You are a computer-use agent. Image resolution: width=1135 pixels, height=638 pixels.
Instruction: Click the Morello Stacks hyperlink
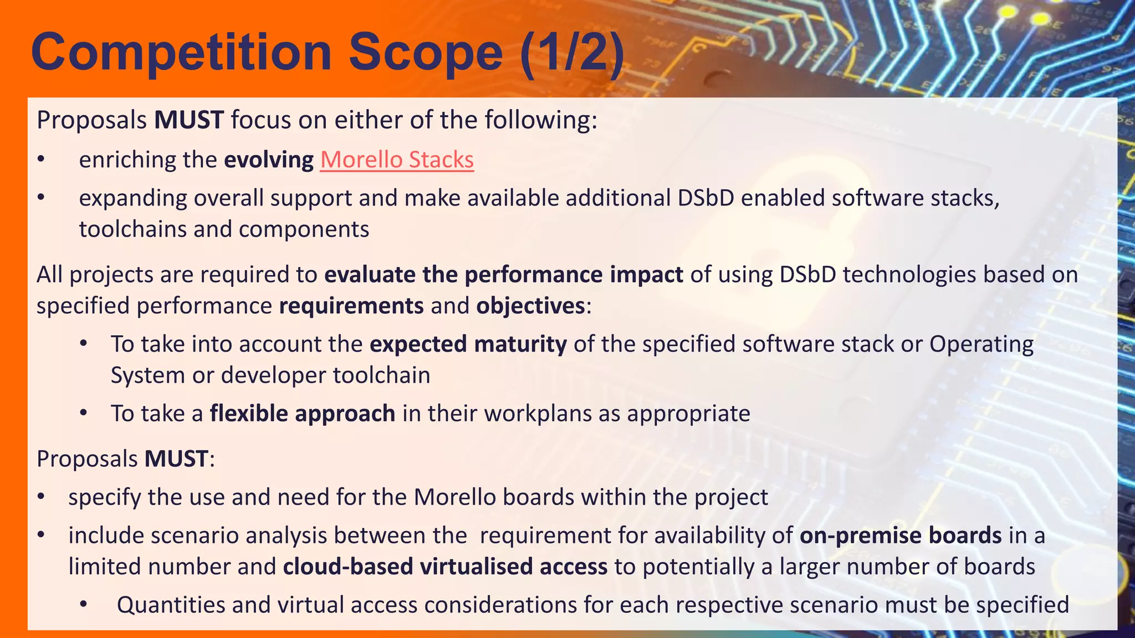point(397,159)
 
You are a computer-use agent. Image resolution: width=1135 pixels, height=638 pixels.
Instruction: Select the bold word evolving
point(269,159)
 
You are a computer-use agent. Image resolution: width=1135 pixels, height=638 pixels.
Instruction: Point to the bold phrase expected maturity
point(468,344)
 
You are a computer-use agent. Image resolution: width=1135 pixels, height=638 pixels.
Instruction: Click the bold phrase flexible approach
point(303,414)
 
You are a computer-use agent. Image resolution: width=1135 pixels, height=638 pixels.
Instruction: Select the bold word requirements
point(351,306)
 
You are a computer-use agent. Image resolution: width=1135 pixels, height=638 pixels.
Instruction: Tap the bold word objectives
point(530,306)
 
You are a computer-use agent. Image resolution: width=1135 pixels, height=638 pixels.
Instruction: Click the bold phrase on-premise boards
point(901,536)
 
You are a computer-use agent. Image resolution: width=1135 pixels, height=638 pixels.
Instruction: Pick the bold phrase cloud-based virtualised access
point(445,567)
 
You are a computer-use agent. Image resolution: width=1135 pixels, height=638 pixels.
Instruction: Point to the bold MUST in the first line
point(189,120)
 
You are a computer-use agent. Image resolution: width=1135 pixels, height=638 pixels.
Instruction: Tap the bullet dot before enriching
point(40,160)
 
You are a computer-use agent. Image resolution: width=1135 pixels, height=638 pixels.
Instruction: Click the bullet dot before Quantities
point(83,604)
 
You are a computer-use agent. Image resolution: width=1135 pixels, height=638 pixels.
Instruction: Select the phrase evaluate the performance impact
point(503,275)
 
